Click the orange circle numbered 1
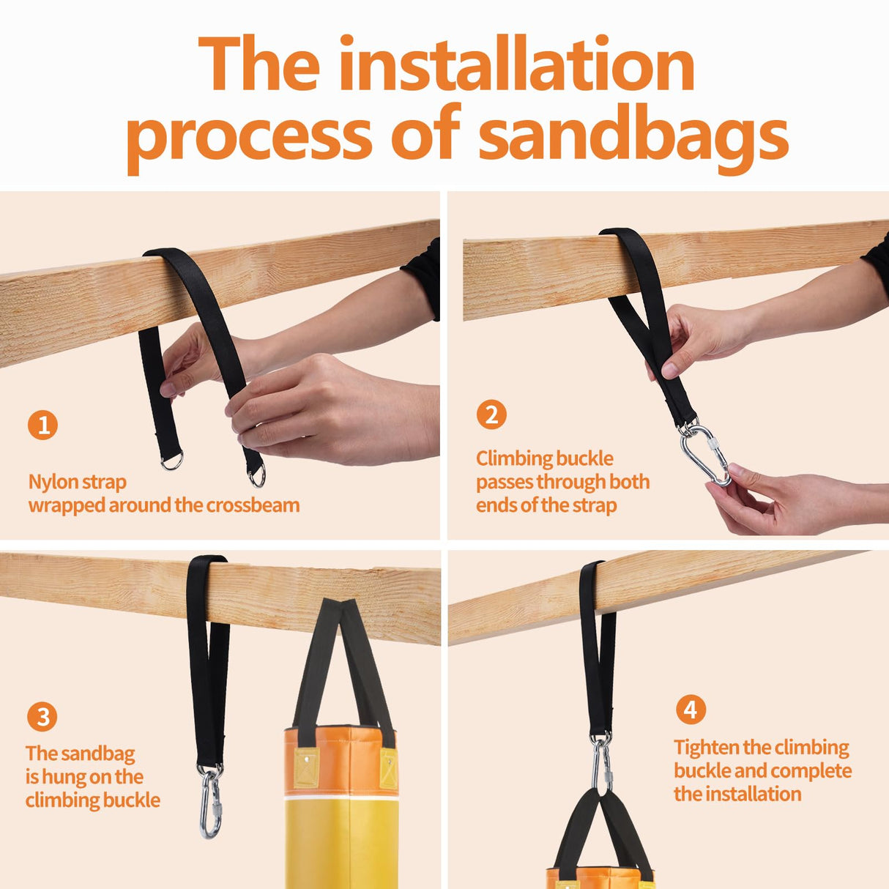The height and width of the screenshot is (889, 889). (x=43, y=425)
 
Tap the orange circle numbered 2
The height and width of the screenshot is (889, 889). (x=491, y=414)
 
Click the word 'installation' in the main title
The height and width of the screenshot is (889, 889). (x=517, y=64)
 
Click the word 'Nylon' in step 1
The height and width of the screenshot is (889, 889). (x=52, y=482)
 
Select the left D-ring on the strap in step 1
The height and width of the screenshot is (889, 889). (x=172, y=461)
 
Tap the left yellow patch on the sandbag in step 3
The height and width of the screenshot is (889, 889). (x=306, y=767)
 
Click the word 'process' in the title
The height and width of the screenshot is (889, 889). (x=250, y=137)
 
